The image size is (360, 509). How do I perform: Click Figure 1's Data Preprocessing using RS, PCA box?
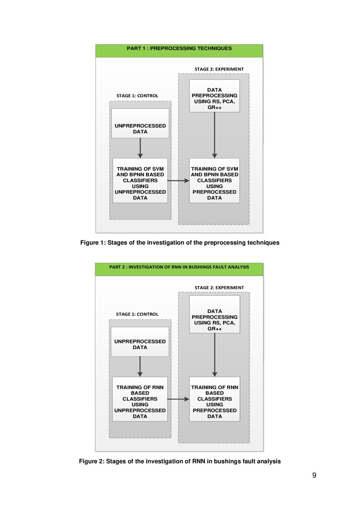tap(215, 96)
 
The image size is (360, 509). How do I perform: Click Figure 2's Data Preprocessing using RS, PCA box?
tap(215, 314)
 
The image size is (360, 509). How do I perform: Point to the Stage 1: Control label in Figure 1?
tap(137, 96)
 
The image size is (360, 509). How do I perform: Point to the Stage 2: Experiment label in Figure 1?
tap(219, 69)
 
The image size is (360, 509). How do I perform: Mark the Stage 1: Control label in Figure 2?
tap(137, 314)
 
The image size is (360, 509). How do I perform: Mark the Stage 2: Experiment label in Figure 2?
tap(219, 287)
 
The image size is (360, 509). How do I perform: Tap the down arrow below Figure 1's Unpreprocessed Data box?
tap(140, 148)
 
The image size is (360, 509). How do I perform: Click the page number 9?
tap(314, 475)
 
